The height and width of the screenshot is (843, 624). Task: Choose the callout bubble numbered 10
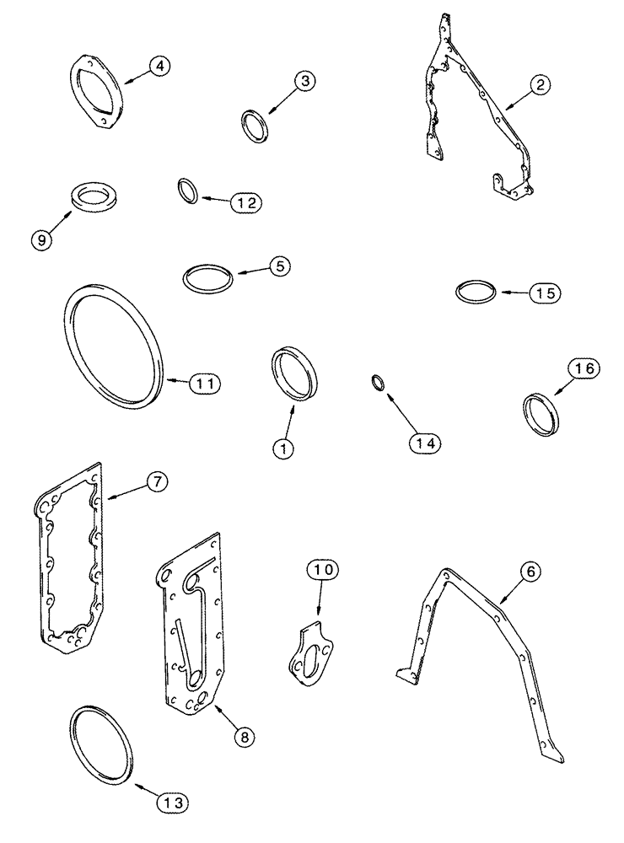(x=325, y=571)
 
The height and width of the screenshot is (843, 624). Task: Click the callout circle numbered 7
(x=157, y=483)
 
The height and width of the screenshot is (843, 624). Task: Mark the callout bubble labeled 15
(x=544, y=293)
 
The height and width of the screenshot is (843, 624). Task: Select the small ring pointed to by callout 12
(x=188, y=191)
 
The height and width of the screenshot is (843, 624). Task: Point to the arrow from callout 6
(x=510, y=588)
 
